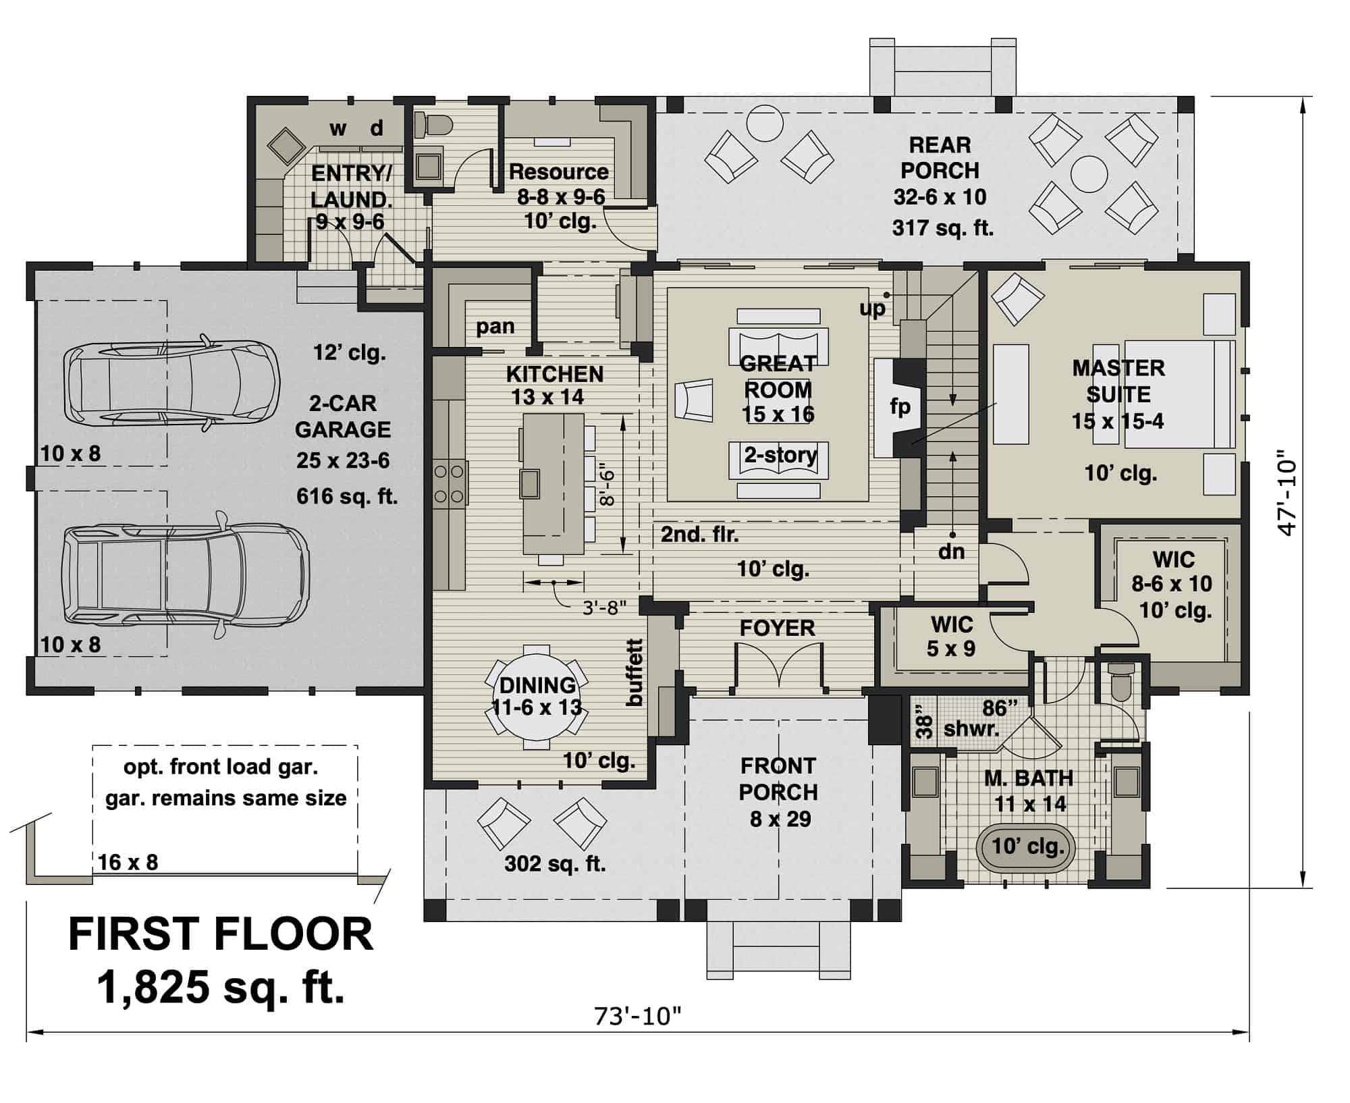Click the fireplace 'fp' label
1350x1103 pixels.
(x=900, y=407)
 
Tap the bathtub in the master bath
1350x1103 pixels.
(x=1026, y=846)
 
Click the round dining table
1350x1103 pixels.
(x=537, y=698)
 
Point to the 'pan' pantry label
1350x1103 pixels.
(x=495, y=327)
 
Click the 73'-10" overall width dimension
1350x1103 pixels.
(x=638, y=1016)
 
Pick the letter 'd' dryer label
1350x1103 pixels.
(x=377, y=128)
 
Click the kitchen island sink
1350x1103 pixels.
(x=529, y=482)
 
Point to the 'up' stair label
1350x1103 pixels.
(x=871, y=309)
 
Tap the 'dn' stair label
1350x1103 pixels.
(x=951, y=551)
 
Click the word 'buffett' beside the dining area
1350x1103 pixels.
(x=634, y=672)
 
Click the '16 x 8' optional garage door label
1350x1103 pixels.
(x=128, y=862)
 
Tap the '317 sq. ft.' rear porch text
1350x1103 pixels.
(x=942, y=228)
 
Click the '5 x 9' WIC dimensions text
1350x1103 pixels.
(x=950, y=649)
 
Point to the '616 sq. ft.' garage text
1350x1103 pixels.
(x=347, y=497)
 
